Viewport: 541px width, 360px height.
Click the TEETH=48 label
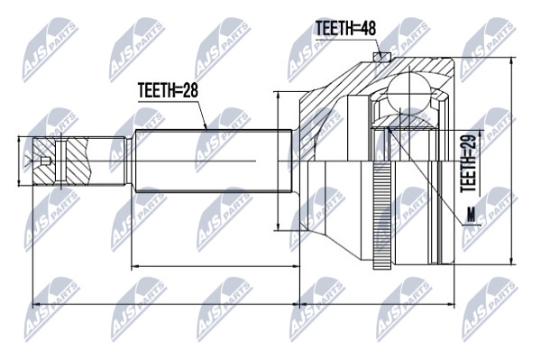(x=345, y=28)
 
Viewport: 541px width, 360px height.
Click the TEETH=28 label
(x=168, y=90)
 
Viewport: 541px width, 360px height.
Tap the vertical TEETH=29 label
(x=469, y=163)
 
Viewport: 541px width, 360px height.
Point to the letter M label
(x=471, y=215)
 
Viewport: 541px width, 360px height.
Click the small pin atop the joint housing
(x=381, y=57)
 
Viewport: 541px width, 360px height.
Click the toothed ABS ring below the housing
(x=381, y=215)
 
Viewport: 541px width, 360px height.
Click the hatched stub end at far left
(x=60, y=162)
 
